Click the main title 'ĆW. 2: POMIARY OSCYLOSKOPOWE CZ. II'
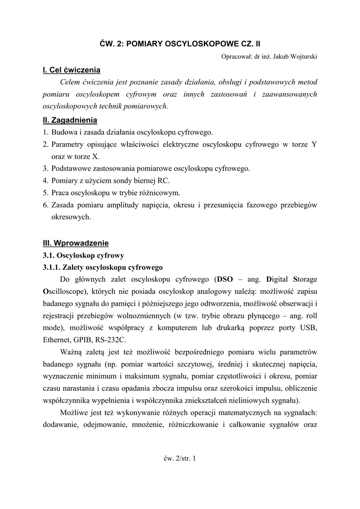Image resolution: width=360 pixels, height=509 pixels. [180, 44]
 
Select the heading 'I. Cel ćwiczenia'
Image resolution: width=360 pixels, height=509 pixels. [72, 70]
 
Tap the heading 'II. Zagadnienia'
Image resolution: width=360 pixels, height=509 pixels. [70, 120]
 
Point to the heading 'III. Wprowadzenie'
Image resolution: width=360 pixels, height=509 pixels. [76, 243]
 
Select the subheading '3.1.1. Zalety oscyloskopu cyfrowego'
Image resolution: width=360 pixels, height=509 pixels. [102, 267]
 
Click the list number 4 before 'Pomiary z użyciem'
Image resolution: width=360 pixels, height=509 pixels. [45, 180]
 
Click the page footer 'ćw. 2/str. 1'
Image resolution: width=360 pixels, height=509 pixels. [180, 458]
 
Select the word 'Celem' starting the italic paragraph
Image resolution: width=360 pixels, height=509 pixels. [70, 82]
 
